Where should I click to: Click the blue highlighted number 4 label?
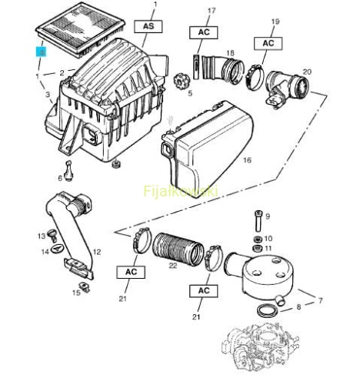pos(42,52)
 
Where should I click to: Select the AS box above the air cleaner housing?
pos(148,26)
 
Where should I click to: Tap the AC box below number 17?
pos(204,32)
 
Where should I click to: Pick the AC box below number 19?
pos(268,43)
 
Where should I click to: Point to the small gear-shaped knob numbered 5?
pos(182,81)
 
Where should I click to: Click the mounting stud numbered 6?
pos(68,170)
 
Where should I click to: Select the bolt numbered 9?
pos(258,221)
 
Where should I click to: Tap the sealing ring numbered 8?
pos(268,310)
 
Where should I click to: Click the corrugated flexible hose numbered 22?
pos(178,249)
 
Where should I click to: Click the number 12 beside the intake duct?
pos(97,252)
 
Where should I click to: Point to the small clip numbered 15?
pos(84,287)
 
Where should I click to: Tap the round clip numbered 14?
pos(57,249)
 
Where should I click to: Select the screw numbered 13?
pos(53,235)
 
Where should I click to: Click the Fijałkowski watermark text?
pos(181,191)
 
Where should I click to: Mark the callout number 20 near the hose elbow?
pos(307,72)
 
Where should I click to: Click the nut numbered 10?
pos(258,239)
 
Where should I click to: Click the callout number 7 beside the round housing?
pos(320,300)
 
